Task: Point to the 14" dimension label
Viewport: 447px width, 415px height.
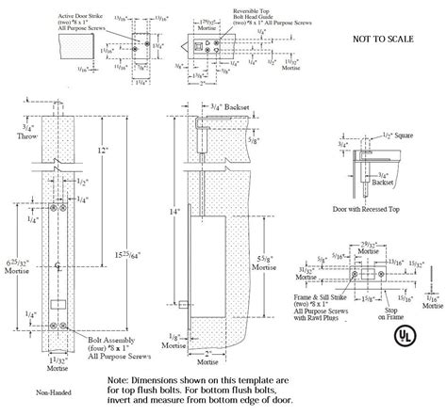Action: pyautogui.click(x=174, y=214)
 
